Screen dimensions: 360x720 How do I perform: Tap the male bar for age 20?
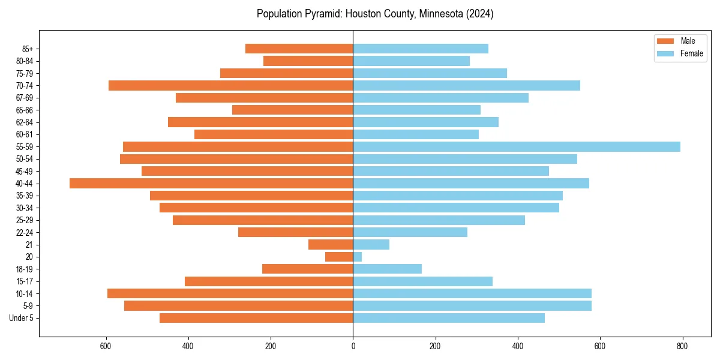339,257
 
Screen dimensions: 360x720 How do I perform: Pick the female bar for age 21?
371,245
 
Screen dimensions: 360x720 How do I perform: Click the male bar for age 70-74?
230,86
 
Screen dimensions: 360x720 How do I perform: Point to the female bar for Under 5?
449,318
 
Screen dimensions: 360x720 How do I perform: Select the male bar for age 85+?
299,49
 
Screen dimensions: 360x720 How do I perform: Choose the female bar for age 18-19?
387,269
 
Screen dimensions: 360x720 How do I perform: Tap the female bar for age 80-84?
411,61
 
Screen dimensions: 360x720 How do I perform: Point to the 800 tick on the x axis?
682,346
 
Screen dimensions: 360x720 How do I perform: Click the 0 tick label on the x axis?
353,346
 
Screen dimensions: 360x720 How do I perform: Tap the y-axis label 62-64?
25,122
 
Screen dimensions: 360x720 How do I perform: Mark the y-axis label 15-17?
25,281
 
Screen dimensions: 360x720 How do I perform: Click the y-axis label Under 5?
22,318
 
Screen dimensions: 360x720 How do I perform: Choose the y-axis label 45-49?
25,172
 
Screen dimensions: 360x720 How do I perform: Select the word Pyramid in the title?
316,14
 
